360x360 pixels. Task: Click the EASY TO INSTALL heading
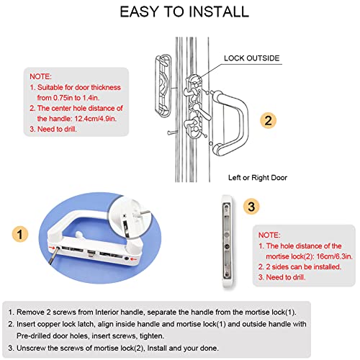(x=184, y=12)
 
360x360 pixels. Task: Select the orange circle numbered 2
(x=266, y=120)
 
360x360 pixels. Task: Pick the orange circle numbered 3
(x=251, y=207)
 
